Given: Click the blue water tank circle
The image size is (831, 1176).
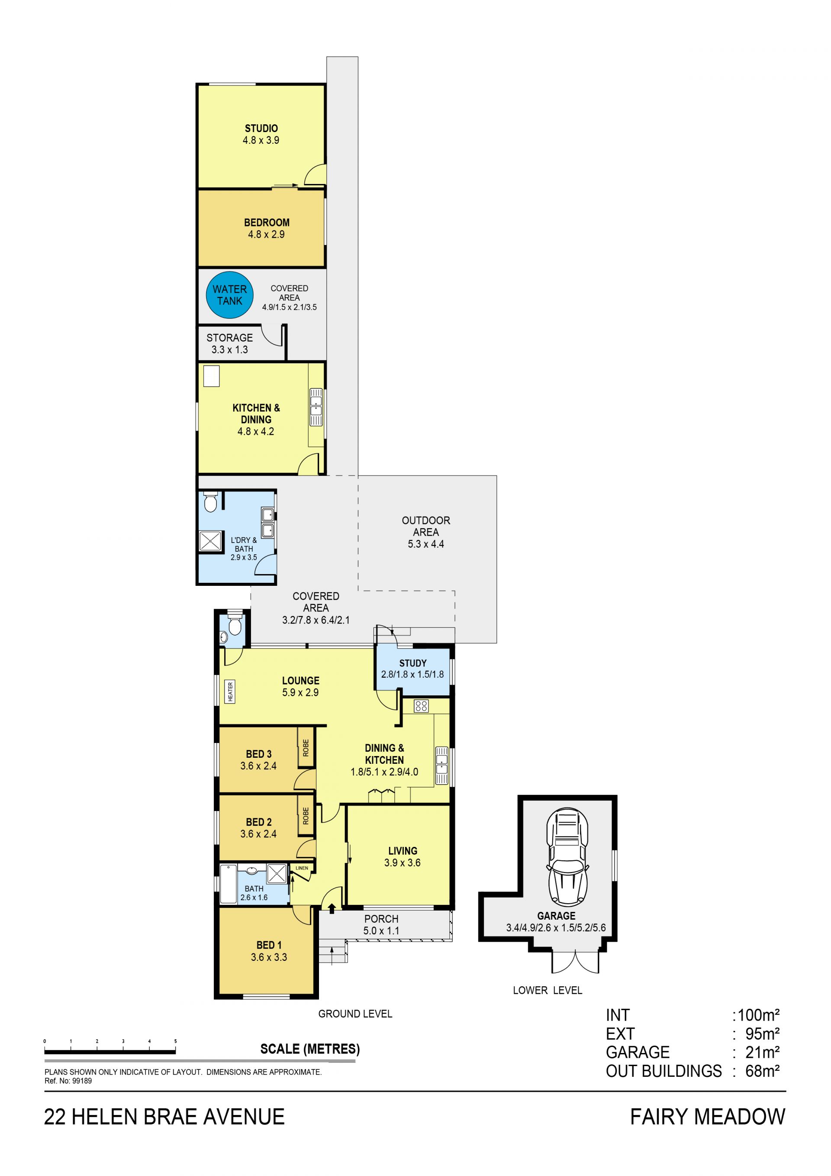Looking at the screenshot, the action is coord(230,295).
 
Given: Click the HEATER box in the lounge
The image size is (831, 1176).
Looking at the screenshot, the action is coord(230,691).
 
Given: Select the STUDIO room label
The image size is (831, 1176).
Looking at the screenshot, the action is coord(261,128).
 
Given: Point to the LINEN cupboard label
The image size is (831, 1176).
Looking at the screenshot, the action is coord(302,868).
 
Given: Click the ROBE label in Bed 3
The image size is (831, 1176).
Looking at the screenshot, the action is coord(306,748).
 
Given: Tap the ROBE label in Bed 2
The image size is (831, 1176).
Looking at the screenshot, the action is coord(306,816).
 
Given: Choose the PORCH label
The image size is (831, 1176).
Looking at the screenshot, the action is coord(381,919).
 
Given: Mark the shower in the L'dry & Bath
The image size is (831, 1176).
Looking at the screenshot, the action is coord(210,541).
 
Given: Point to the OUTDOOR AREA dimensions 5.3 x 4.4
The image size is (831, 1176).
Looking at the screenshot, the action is coord(425,544).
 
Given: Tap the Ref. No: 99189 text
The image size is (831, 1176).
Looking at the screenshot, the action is coord(68,1081).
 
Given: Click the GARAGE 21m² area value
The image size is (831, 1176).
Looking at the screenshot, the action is coord(762,1052).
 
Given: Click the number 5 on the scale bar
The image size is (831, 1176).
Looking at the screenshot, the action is coord(175,1041).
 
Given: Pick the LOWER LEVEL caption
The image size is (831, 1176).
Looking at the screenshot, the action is coord(548,990).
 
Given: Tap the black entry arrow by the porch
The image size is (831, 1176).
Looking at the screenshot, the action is coord(332,908).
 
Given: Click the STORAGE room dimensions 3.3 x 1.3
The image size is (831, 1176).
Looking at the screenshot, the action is coord(229,349).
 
